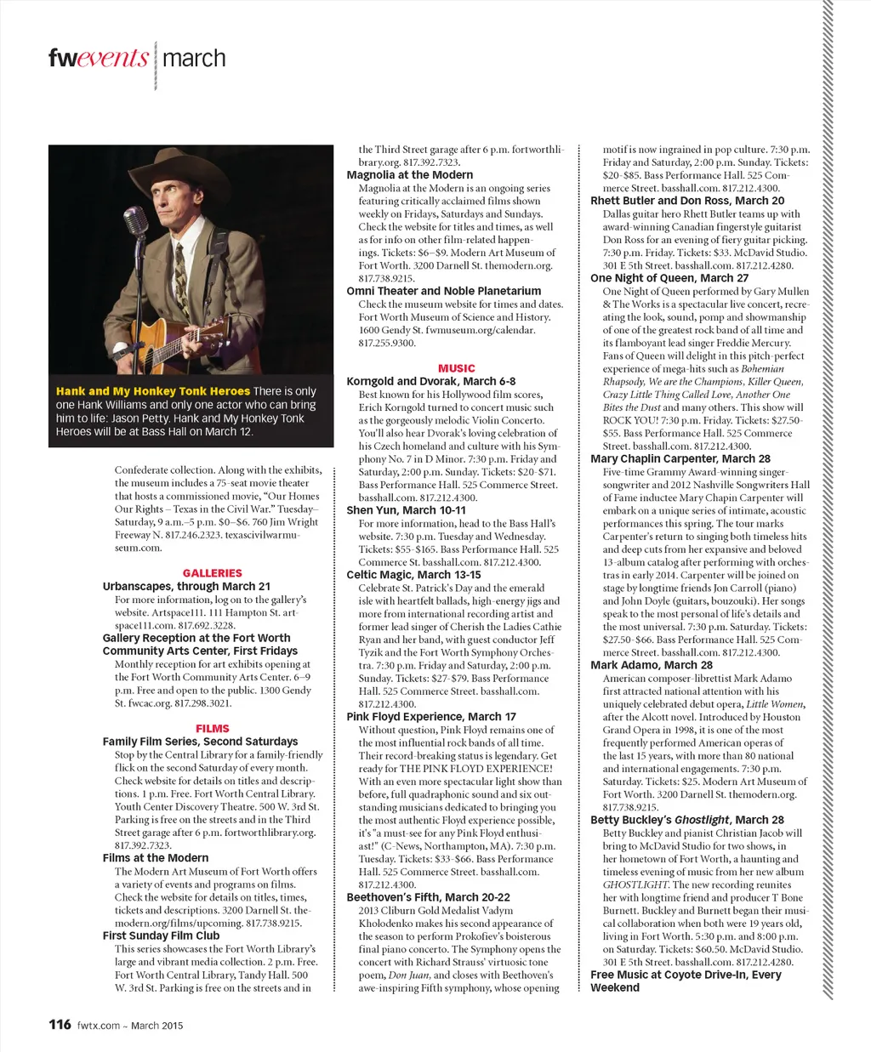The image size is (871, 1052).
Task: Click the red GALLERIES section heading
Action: (212, 573)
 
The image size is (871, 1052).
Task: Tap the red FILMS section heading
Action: (212, 728)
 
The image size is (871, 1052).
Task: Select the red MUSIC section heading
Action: (456, 368)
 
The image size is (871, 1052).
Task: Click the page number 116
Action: (60, 1024)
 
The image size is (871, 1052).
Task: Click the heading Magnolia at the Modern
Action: (410, 175)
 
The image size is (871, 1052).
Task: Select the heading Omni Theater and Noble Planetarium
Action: (444, 291)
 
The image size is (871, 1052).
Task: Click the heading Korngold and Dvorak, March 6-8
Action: (431, 381)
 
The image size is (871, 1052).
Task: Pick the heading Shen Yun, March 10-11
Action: (407, 510)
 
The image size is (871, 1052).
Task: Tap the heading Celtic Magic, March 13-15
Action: (413, 575)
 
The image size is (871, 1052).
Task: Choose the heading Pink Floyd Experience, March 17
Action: (431, 717)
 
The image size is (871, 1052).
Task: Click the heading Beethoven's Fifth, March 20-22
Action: (429, 897)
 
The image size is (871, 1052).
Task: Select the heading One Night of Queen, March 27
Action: (669, 278)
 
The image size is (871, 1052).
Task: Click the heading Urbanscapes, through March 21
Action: (186, 586)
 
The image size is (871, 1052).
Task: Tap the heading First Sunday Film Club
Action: (161, 935)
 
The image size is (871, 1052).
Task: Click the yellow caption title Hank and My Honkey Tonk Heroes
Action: (153, 391)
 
